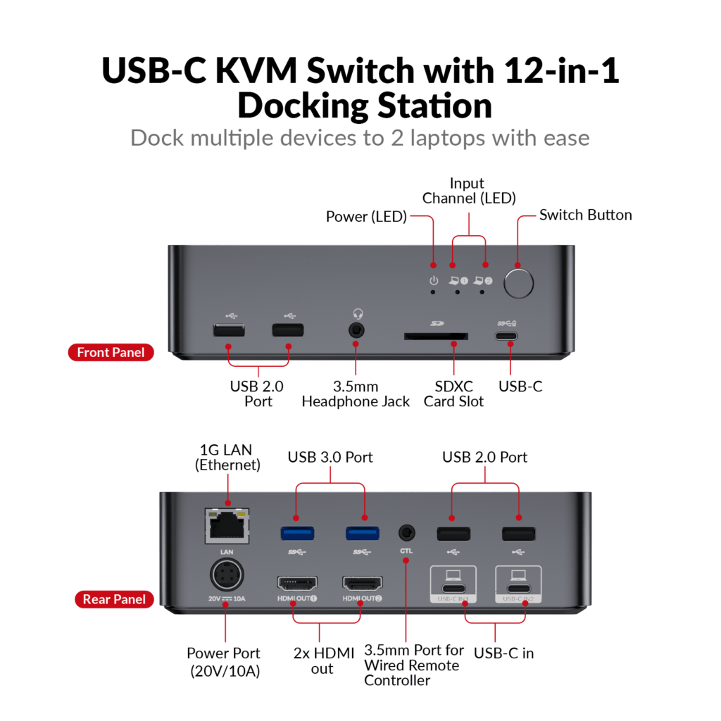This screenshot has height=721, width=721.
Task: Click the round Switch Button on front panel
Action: pyautogui.click(x=518, y=282)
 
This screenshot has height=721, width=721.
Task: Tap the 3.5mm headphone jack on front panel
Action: pyautogui.click(x=356, y=329)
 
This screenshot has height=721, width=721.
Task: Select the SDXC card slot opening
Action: pyautogui.click(x=437, y=337)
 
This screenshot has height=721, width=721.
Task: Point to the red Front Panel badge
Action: pyautogui.click(x=111, y=352)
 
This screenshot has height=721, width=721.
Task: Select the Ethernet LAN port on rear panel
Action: pyautogui.click(x=227, y=525)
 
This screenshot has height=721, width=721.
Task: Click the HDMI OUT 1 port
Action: pyautogui.click(x=297, y=583)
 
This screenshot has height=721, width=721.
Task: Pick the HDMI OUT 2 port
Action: pyautogui.click(x=362, y=583)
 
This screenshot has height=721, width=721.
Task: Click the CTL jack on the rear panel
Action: pyautogui.click(x=406, y=532)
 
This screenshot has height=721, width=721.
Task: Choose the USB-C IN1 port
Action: pyautogui.click(x=452, y=589)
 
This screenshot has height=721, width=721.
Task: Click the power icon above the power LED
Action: pyautogui.click(x=434, y=281)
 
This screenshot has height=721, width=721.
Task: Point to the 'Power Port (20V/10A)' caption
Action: pyautogui.click(x=224, y=662)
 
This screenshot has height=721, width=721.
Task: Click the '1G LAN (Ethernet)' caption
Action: pyautogui.click(x=227, y=457)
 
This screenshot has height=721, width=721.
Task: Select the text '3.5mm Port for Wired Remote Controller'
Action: pyautogui.click(x=411, y=665)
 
